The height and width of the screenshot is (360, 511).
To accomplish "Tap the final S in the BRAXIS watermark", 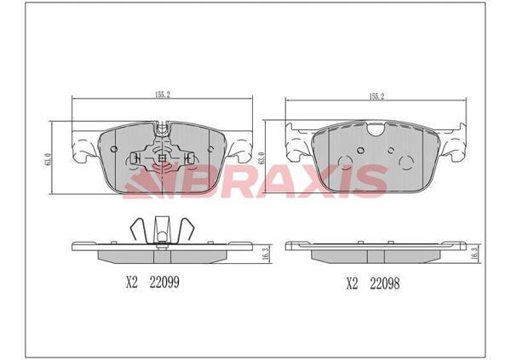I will pos(371,181).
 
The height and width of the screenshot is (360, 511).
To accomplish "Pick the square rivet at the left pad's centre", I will pos(162,159).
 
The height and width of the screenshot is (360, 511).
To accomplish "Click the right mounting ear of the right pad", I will pos(453,145).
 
